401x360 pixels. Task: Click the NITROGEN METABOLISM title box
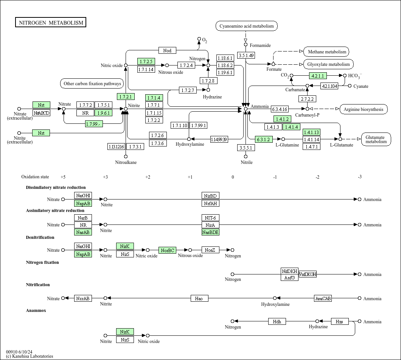coord(51,23)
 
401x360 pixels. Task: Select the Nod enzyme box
coord(167,50)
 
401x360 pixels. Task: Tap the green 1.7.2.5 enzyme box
coord(146,61)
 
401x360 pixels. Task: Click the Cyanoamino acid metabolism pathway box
coord(247,26)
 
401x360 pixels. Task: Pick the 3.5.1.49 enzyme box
coord(246,55)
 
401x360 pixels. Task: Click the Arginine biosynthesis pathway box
coord(364,109)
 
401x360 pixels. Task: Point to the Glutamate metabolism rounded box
coord(376,139)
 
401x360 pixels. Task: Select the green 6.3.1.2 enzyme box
coord(264,139)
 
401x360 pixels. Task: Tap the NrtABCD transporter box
coord(41,113)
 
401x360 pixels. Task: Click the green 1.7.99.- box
coord(94,124)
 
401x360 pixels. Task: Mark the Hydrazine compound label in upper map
coord(212,97)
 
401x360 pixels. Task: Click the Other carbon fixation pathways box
coord(92,84)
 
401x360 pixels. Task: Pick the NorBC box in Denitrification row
coord(168,250)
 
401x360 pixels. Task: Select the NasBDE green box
coord(210,232)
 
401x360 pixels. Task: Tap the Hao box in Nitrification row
coord(199,299)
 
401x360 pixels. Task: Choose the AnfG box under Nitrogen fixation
coord(289,277)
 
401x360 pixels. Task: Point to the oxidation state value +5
coord(63,177)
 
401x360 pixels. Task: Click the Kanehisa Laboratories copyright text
coord(30,356)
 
